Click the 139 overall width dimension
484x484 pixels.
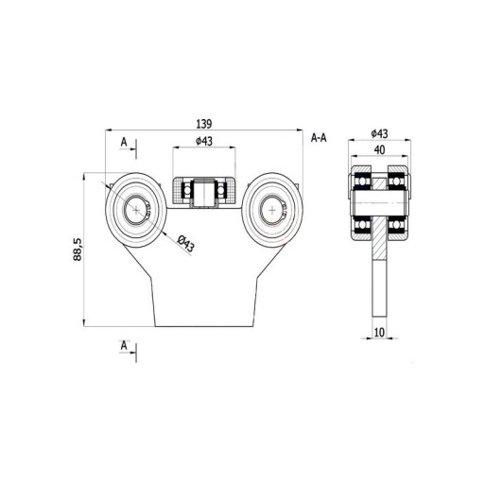click(x=204, y=124)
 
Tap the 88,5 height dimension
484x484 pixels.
click(x=78, y=250)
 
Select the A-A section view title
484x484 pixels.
click(x=319, y=138)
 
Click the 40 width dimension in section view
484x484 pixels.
click(x=380, y=150)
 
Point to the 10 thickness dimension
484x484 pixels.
click(x=379, y=332)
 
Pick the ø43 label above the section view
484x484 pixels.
click(x=379, y=133)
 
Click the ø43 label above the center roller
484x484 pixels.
click(x=204, y=141)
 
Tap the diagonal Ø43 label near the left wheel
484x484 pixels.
click(x=185, y=243)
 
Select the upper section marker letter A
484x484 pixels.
click(x=124, y=143)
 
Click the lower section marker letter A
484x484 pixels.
click(x=124, y=346)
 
